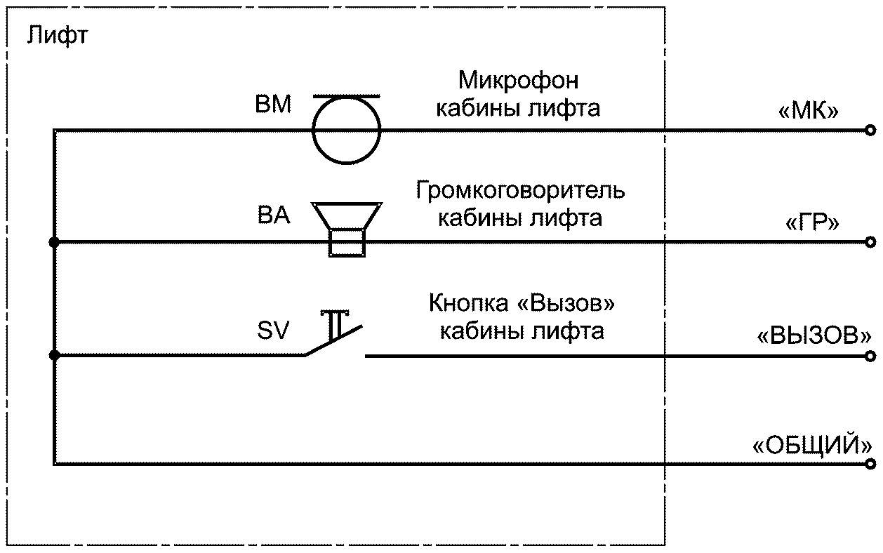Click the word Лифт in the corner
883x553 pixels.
pyautogui.click(x=58, y=35)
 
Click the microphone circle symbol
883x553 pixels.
pyautogui.click(x=346, y=130)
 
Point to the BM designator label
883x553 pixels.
pyautogui.click(x=273, y=105)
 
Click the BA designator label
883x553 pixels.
pyautogui.click(x=273, y=215)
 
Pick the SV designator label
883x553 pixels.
pyautogui.click(x=273, y=330)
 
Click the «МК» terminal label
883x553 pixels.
pyautogui.click(x=808, y=112)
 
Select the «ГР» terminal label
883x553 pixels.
pyautogui.click(x=811, y=223)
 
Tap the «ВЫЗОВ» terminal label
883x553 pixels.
pyautogui.click(x=814, y=335)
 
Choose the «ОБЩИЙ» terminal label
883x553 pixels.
pyautogui.click(x=812, y=445)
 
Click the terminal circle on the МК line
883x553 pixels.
pyautogui.click(x=870, y=130)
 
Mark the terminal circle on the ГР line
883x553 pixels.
pyautogui.click(x=870, y=243)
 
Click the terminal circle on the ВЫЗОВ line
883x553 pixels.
pyautogui.click(x=870, y=356)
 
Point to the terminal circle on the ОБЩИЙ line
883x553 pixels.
pyautogui.click(x=870, y=464)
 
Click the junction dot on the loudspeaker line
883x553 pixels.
pyautogui.click(x=54, y=243)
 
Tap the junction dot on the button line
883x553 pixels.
pyautogui.click(x=54, y=356)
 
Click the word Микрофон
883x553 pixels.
pyautogui.click(x=518, y=81)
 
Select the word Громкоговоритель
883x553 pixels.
pyautogui.click(x=519, y=191)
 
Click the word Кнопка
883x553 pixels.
pyautogui.click(x=463, y=305)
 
